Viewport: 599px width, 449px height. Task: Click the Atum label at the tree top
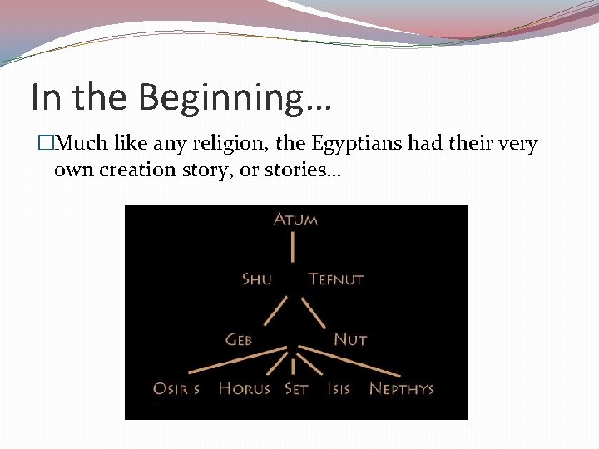coord(295,220)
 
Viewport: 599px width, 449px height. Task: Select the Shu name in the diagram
coord(256,279)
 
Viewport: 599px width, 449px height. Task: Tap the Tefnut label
coord(336,279)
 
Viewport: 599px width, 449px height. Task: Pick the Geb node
coord(239,339)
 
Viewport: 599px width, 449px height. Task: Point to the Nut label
coord(350,339)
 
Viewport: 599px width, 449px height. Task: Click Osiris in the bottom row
coord(176,388)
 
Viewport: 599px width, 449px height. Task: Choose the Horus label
coord(244,388)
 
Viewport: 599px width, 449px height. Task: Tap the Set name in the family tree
coord(296,388)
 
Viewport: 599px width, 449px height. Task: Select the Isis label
coord(339,388)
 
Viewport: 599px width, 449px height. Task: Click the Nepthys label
coord(402,388)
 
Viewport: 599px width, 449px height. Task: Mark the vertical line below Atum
coord(293,247)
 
